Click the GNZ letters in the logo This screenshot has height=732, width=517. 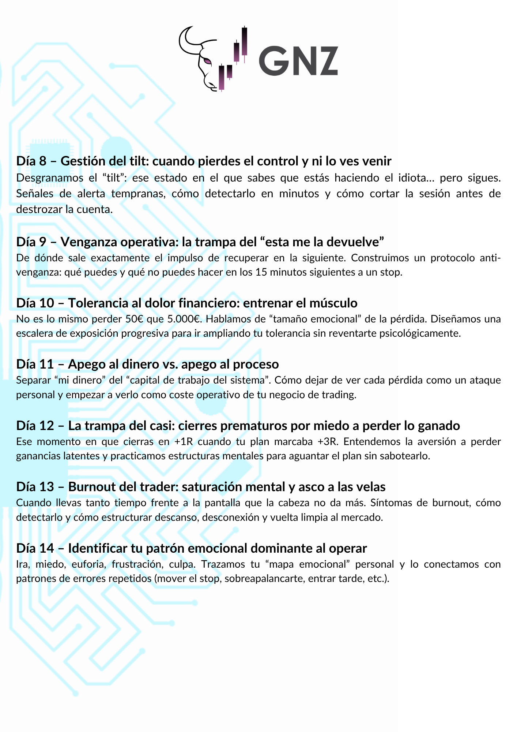pos(298,61)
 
